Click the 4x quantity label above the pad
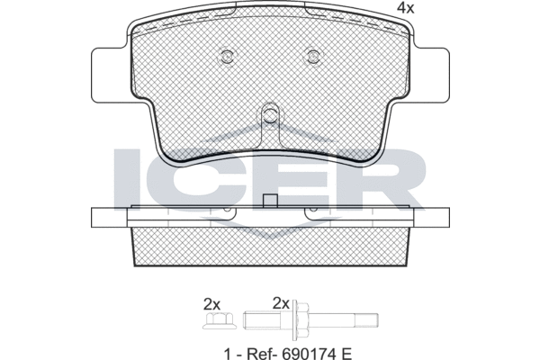coord(406,8)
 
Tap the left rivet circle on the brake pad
coord(227,56)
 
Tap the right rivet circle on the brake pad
coord(313,56)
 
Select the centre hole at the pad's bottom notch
coord(271,112)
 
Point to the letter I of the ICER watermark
coord(127,179)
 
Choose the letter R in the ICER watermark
coord(389,179)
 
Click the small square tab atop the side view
coord(270,202)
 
